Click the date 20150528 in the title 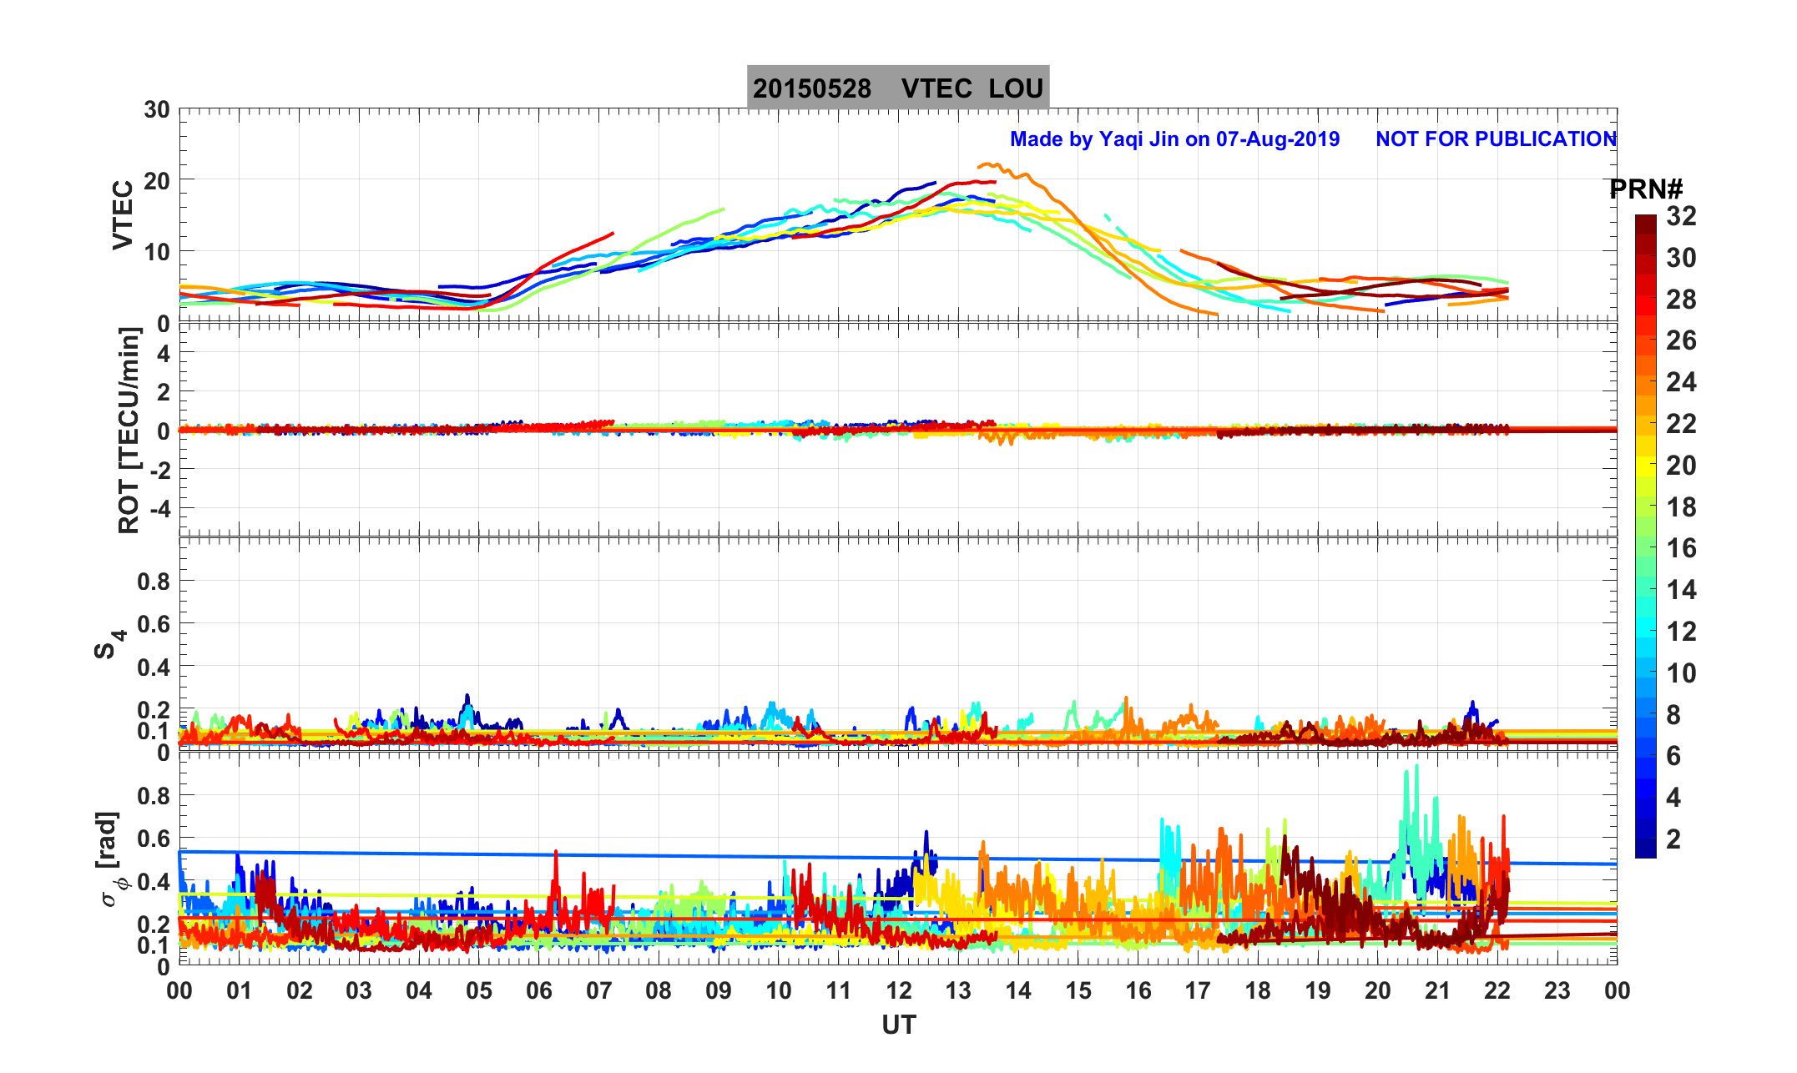tap(812, 88)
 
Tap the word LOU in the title tap(1016, 88)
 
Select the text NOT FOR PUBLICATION tap(1496, 139)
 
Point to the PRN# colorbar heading tap(1646, 190)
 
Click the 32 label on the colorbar tap(1681, 216)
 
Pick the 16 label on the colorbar tap(1681, 548)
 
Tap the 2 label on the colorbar tap(1673, 839)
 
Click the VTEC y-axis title tap(123, 214)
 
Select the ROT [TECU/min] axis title tap(129, 431)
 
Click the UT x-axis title tap(899, 1025)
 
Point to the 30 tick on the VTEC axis tap(156, 110)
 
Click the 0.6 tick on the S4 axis tap(154, 623)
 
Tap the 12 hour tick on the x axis tap(899, 991)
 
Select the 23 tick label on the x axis tap(1557, 991)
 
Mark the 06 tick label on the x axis tap(539, 991)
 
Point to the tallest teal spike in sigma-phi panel tap(1416, 765)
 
